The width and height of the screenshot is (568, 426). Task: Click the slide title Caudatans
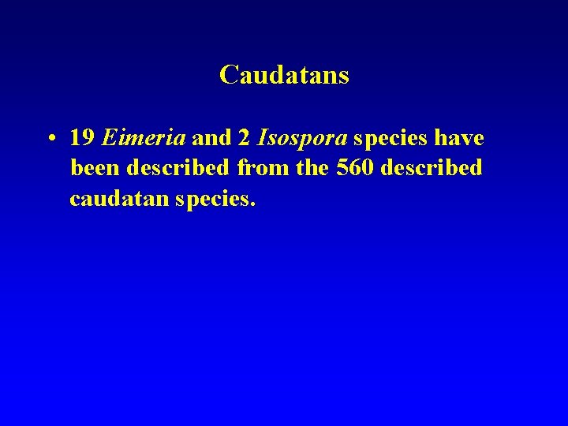pyautogui.click(x=284, y=75)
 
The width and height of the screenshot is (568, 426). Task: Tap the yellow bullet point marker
pyautogui.click(x=50, y=140)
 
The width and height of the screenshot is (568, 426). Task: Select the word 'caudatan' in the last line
pyautogui.click(x=118, y=199)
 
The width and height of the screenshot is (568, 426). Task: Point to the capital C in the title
pyautogui.click(x=228, y=75)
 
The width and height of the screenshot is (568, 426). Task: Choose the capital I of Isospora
pyautogui.click(x=261, y=139)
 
